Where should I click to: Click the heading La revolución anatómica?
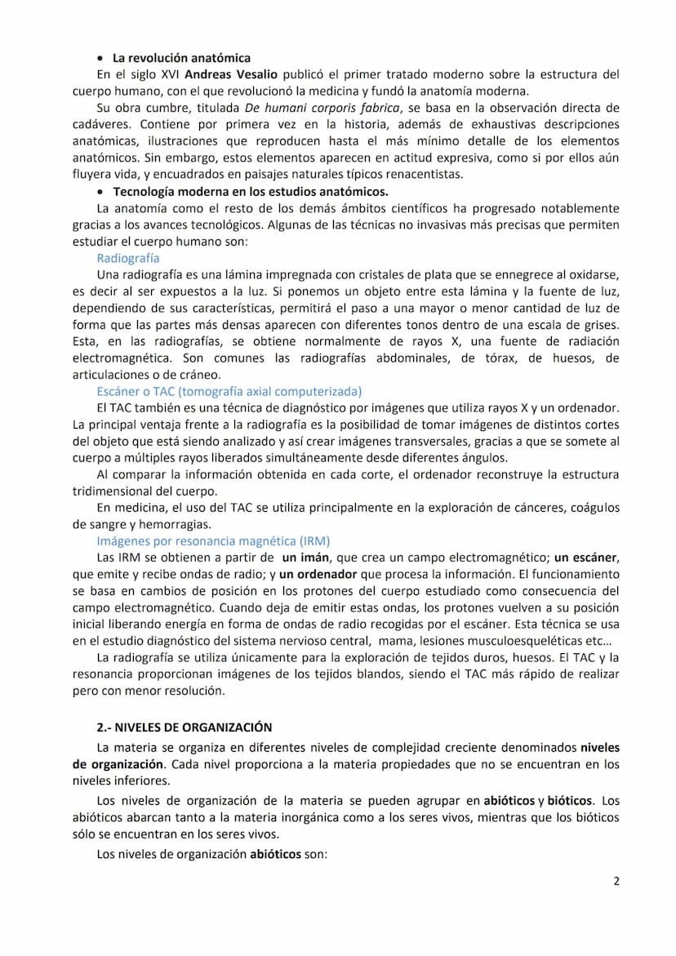(181, 58)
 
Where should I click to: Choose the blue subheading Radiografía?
(127, 257)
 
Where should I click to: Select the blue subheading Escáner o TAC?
(229, 391)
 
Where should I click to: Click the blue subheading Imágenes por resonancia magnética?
(213, 541)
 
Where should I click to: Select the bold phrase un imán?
(305, 558)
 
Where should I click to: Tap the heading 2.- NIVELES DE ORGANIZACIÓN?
(185, 727)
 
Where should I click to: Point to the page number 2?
(616, 882)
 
